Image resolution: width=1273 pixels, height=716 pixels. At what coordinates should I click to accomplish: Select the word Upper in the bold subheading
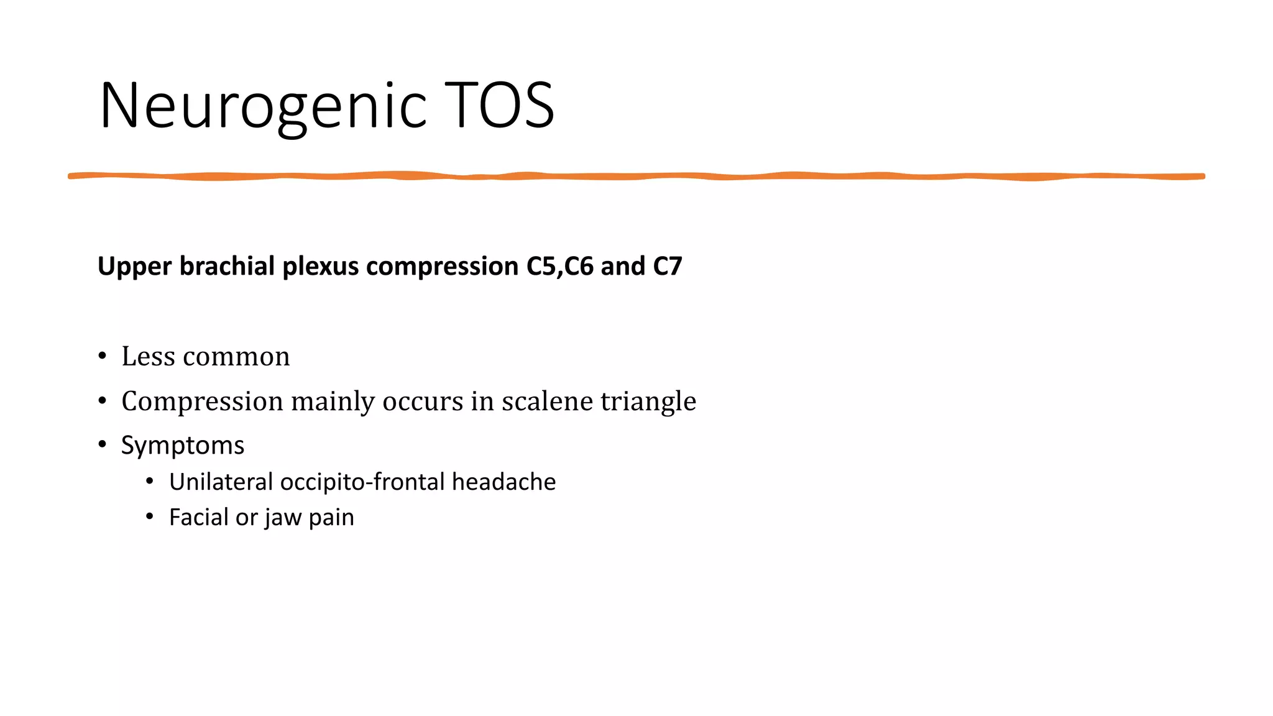(x=134, y=267)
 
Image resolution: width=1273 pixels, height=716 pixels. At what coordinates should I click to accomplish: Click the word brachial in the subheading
(x=227, y=266)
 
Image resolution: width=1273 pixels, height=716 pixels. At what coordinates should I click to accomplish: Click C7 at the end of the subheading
(x=668, y=266)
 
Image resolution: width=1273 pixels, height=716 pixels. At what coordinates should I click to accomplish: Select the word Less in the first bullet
(x=148, y=357)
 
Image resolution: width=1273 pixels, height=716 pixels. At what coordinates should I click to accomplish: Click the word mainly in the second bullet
(x=333, y=402)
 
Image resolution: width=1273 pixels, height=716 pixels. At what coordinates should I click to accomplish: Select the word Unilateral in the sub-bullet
(x=221, y=482)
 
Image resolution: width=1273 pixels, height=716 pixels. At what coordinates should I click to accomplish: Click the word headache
(x=503, y=482)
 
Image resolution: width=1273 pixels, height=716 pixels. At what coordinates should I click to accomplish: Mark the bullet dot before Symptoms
(x=103, y=445)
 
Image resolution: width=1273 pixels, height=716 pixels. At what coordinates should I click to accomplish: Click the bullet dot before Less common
(x=103, y=357)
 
